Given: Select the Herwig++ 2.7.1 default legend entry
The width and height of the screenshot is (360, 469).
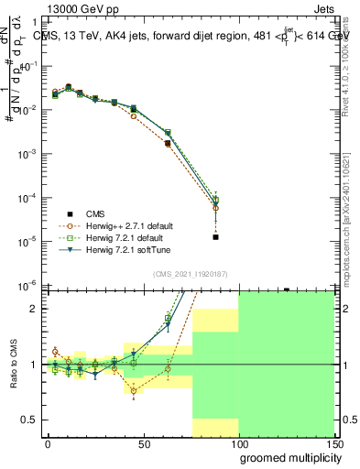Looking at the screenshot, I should [128, 225].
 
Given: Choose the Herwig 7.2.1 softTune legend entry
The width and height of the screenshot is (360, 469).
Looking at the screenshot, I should [127, 249].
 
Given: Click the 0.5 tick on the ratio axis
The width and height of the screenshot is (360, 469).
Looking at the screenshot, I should [28, 420].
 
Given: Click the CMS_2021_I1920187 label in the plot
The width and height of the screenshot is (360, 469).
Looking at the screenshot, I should [190, 274].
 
